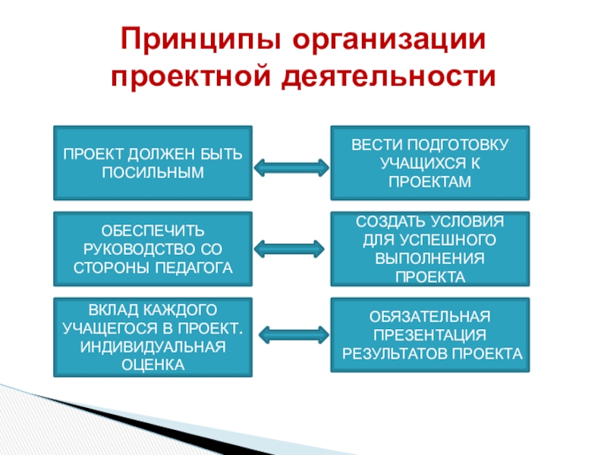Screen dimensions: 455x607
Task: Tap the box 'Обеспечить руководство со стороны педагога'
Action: click(153, 249)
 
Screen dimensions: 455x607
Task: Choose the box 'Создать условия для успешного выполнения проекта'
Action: click(430, 249)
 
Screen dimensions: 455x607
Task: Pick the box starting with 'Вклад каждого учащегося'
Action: click(153, 337)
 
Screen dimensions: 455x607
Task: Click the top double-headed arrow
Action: click(291, 166)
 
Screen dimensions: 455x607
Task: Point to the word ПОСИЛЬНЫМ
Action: click(153, 172)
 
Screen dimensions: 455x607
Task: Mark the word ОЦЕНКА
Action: click(153, 365)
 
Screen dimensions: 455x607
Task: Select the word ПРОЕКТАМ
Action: click(430, 183)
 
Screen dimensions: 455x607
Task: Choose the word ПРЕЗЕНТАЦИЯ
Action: click(430, 334)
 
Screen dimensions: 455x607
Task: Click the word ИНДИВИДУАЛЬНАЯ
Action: click(153, 347)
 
